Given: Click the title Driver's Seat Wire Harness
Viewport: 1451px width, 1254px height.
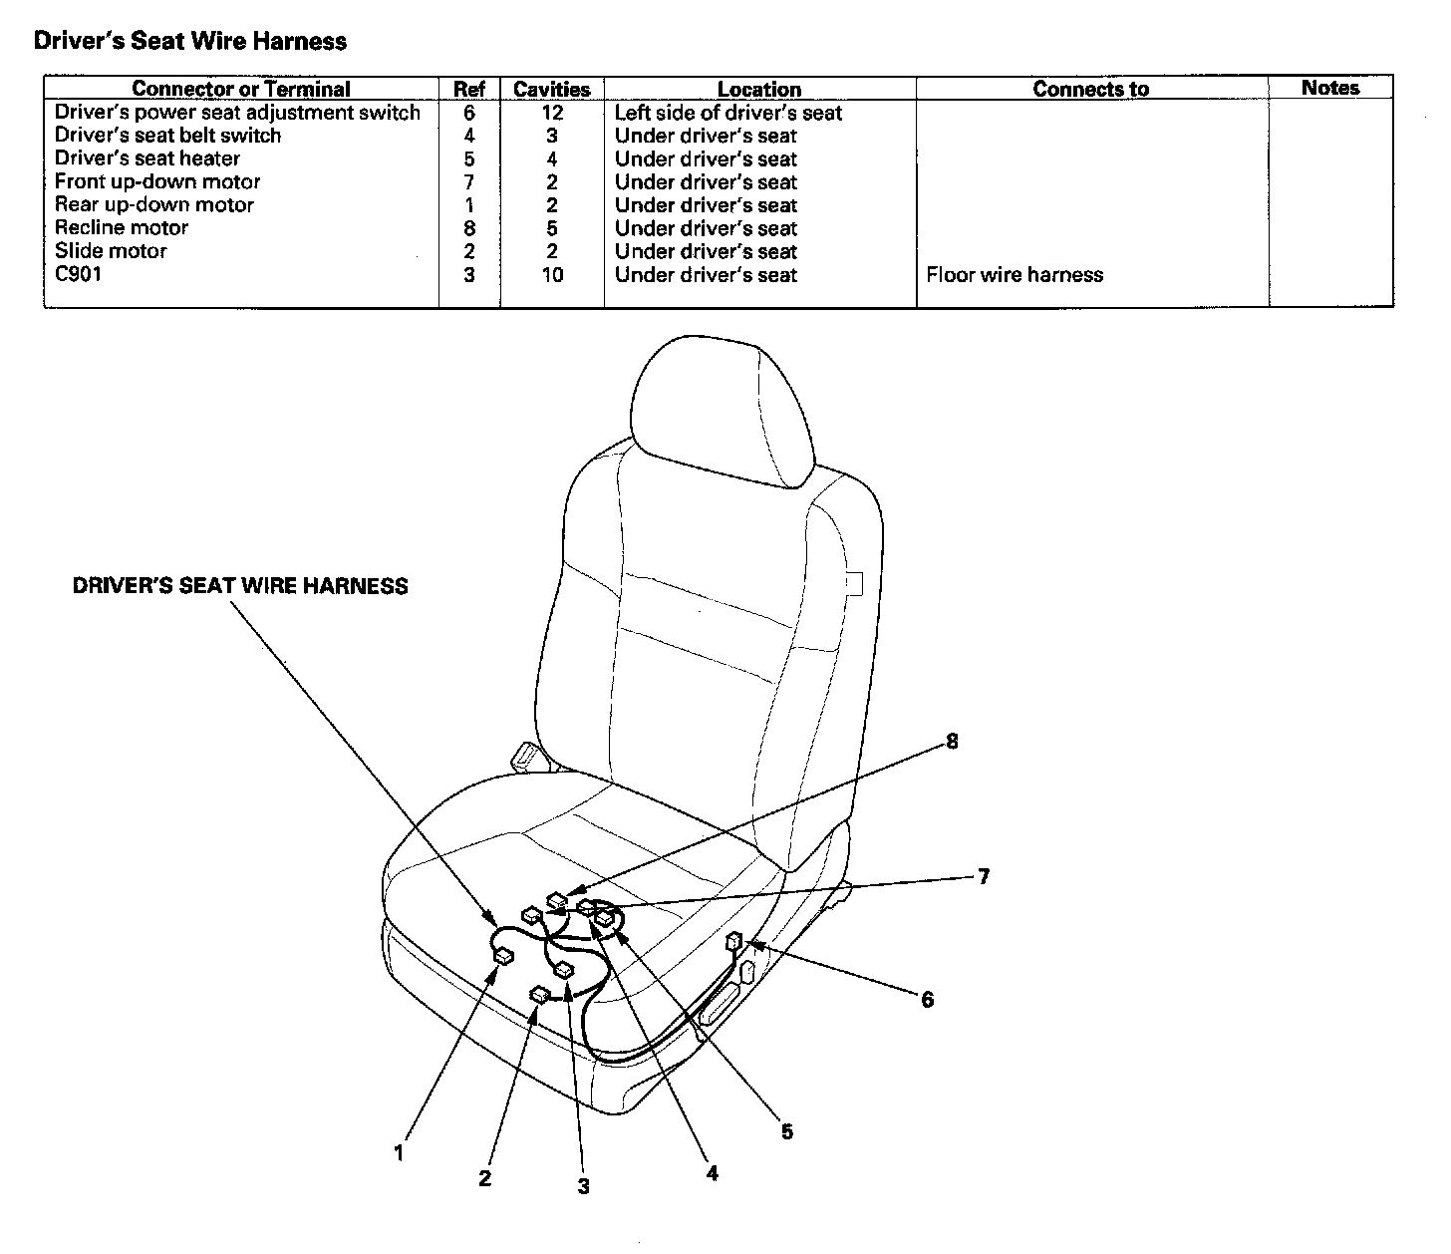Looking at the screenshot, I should click(x=189, y=41).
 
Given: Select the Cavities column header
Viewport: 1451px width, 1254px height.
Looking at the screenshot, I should click(x=551, y=89).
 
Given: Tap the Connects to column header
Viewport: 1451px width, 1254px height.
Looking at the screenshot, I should click(x=1090, y=89).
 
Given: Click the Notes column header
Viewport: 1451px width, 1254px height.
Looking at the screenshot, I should click(x=1329, y=88).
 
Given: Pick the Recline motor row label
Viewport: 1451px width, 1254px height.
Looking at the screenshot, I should click(x=121, y=227).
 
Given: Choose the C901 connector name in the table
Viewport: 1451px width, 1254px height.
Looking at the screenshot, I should click(x=78, y=273).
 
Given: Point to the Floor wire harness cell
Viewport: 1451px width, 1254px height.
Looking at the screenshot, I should click(x=1015, y=274).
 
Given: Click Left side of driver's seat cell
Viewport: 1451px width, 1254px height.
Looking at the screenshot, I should click(x=727, y=113).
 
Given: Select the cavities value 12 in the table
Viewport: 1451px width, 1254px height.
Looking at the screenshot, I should click(x=551, y=113).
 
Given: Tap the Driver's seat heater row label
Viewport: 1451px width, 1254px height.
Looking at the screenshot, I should click(x=146, y=158).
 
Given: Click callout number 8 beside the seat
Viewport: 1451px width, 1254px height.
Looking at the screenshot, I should click(x=952, y=741).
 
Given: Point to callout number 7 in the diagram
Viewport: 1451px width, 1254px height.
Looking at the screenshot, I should click(x=983, y=876).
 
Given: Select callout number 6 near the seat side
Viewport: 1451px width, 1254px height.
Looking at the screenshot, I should click(x=927, y=999).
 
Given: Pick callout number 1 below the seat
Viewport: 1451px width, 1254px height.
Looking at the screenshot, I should click(x=399, y=1153).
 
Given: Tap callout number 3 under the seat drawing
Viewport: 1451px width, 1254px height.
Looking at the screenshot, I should click(x=583, y=1186).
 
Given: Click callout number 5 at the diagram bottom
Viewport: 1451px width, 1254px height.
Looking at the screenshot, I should click(x=786, y=1131).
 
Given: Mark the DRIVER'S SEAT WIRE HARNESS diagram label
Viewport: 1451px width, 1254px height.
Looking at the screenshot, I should click(x=240, y=586).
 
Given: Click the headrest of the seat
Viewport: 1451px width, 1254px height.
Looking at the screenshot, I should click(x=718, y=399).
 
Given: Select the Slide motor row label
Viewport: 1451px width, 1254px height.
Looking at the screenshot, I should click(x=111, y=250).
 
